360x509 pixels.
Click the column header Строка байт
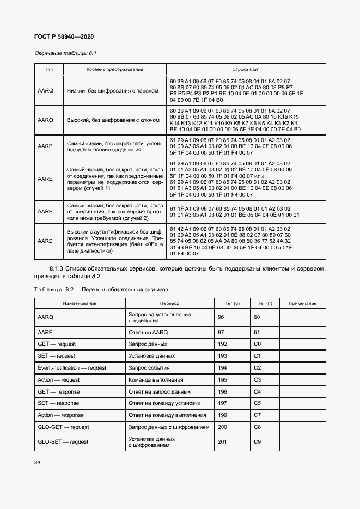click(x=246, y=70)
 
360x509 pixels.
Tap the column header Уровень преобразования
click(x=115, y=70)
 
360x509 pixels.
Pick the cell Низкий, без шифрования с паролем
click(x=113, y=90)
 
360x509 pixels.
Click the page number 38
click(x=38, y=462)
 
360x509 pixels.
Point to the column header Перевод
click(x=169, y=303)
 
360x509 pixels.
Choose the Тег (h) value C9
click(x=258, y=441)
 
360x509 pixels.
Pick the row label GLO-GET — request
click(x=63, y=427)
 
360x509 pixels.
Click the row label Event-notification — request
click(x=72, y=368)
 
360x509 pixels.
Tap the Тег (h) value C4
click(x=258, y=392)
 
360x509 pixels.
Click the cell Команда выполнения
click(x=152, y=380)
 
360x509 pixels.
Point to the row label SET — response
click(x=58, y=403)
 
